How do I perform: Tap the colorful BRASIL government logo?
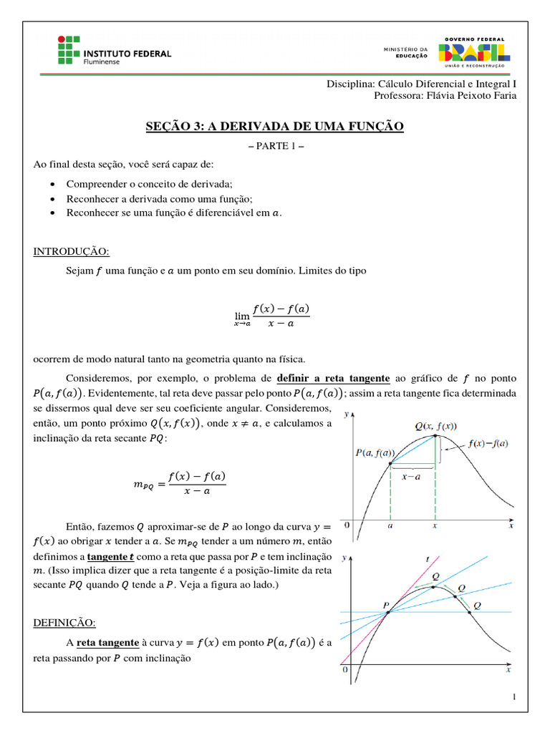point(474,52)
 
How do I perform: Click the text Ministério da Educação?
point(406,52)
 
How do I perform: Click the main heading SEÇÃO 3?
point(274,127)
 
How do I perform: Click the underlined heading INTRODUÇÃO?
point(72,251)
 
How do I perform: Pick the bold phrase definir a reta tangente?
point(333,377)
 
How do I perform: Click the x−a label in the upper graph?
point(410,475)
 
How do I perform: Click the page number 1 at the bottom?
point(514,698)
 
